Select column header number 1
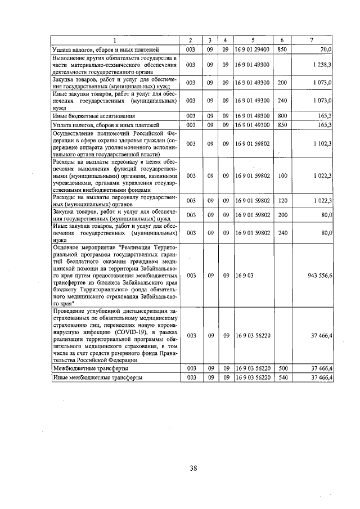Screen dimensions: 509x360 point(114,40)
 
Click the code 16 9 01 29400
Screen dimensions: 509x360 point(253,49)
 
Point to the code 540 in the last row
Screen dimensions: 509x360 point(282,377)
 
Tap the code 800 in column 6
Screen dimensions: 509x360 point(282,115)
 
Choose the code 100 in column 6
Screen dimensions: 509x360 point(282,176)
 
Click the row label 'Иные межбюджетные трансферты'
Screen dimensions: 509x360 point(97,377)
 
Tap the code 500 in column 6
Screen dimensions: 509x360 point(282,368)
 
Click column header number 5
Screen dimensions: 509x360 point(253,40)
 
